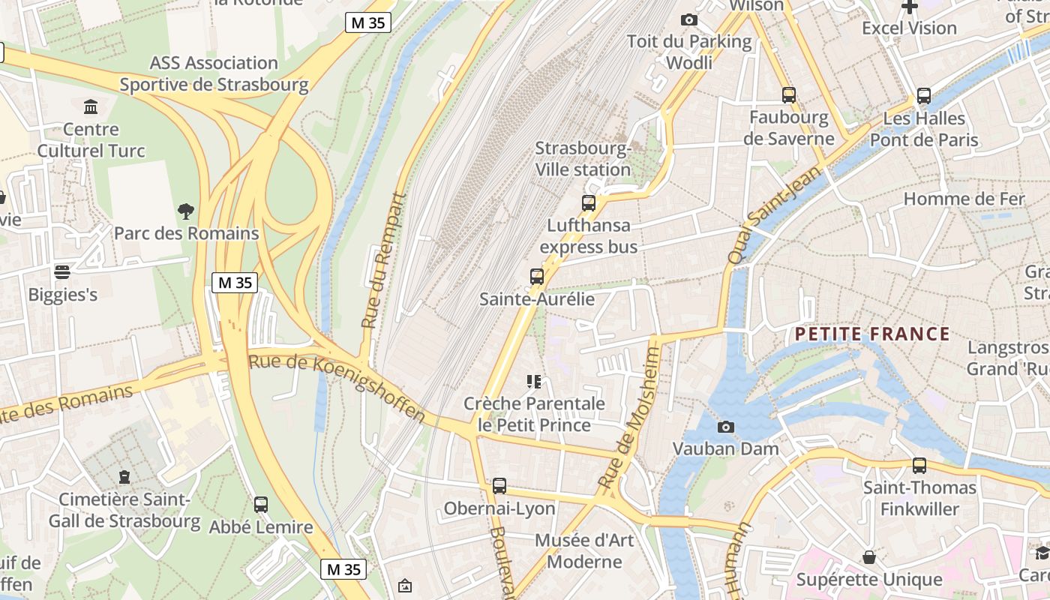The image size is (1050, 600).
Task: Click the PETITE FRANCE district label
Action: click(x=872, y=334)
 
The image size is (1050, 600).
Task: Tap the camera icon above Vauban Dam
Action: click(x=725, y=427)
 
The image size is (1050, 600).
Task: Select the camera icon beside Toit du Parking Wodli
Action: click(x=688, y=19)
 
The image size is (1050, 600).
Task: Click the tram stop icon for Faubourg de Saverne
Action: click(x=788, y=95)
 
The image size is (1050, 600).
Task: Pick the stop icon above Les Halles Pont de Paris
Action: click(x=923, y=96)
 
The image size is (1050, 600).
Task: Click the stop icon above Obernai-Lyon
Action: click(x=499, y=486)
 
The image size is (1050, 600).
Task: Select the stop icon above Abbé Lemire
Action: click(x=260, y=504)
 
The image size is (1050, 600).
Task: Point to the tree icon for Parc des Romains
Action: click(x=185, y=211)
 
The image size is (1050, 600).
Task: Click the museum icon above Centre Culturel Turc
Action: click(x=91, y=106)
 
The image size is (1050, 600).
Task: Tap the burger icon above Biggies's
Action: click(x=62, y=271)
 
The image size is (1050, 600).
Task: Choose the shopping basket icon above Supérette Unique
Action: click(x=868, y=556)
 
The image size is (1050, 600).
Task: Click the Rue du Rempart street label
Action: click(x=383, y=261)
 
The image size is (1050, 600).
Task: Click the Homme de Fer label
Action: click(x=963, y=199)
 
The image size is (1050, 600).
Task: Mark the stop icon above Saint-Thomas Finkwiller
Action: click(x=919, y=465)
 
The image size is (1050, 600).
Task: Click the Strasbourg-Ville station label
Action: click(x=583, y=159)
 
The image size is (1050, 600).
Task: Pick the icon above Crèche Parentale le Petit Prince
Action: click(x=534, y=382)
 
